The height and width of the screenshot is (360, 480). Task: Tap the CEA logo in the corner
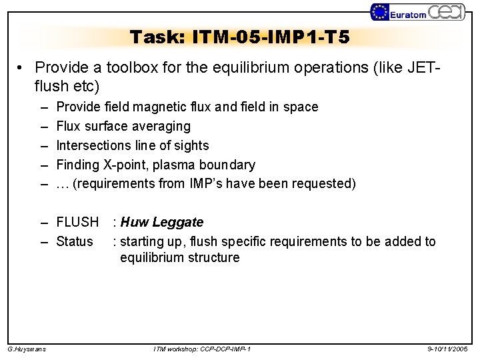point(446,12)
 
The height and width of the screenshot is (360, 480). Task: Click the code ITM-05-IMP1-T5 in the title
point(269,37)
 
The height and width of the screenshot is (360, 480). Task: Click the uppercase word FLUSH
point(77,222)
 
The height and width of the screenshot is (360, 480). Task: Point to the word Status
point(75,241)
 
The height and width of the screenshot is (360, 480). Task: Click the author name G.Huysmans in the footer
point(27,349)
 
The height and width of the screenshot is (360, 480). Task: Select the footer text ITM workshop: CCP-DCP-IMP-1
point(202,349)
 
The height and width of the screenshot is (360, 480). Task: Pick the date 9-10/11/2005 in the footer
point(447,349)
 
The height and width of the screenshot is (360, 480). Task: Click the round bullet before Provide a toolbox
point(22,69)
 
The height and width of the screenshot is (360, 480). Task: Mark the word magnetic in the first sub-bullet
point(151,107)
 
